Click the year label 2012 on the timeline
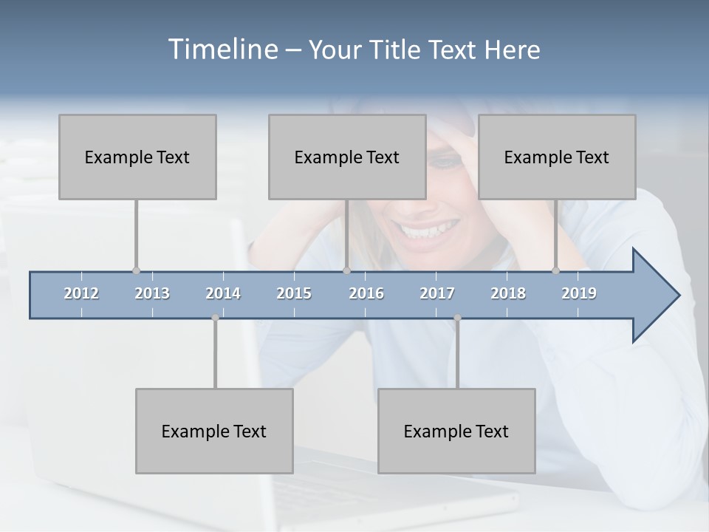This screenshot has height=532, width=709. coord(81,293)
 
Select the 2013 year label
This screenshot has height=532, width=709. coord(152,293)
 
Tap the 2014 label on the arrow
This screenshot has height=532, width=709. coord(223,293)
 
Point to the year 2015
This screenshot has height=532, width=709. coord(294,293)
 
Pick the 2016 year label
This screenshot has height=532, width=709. coord(366,293)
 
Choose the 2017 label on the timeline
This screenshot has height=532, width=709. coord(437,293)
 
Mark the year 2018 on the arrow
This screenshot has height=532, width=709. coord(508,293)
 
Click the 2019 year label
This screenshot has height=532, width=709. coord(579,293)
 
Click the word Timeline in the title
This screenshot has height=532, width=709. coord(222,50)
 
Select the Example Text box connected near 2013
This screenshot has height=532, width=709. coord(137,157)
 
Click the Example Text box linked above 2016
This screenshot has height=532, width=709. coord(347,157)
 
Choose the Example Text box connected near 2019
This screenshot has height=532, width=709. coord(557,157)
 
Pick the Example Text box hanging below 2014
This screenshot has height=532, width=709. coord(214,431)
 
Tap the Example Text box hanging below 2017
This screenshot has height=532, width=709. coord(456,431)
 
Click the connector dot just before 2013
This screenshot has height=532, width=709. coord(136,271)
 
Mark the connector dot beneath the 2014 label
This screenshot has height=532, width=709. coord(215,318)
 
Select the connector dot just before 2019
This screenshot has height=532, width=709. coord(555,271)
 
